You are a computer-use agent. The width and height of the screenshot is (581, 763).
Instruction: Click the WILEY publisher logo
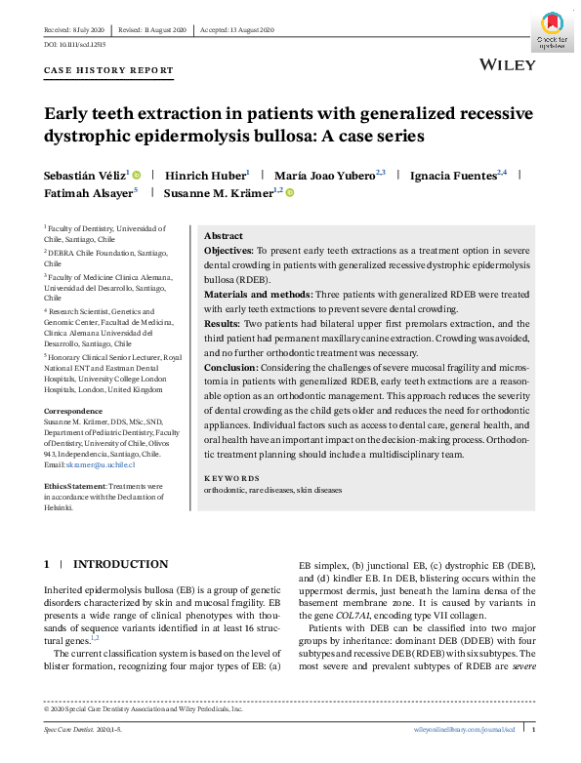point(509,64)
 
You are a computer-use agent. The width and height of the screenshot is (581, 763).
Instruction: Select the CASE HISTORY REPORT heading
point(109,71)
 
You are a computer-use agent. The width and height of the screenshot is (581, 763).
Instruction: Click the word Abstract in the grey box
point(224,237)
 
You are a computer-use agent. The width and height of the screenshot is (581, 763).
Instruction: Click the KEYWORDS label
point(231,478)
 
